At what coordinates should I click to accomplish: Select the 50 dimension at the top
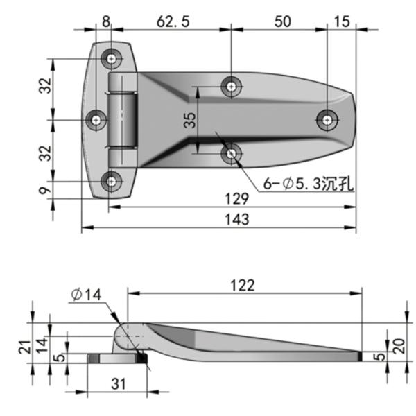click(x=281, y=21)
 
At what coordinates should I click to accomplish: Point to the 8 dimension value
click(x=105, y=21)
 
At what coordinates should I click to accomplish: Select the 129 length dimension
click(x=236, y=199)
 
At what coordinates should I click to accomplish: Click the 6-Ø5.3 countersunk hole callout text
click(x=299, y=184)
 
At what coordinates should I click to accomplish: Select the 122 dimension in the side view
click(x=242, y=285)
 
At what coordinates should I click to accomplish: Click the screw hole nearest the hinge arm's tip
click(x=327, y=119)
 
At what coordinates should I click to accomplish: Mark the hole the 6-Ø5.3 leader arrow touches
click(x=231, y=153)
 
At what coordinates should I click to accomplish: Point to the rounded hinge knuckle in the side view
click(x=127, y=336)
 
